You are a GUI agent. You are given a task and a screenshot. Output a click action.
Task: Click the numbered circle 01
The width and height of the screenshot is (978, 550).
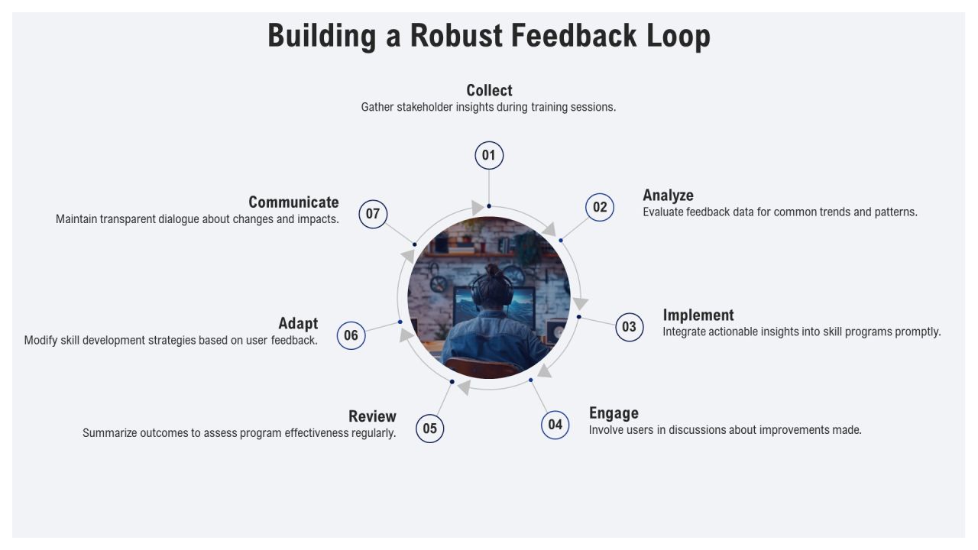489,155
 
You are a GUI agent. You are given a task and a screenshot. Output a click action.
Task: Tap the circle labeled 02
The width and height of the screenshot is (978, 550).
600,207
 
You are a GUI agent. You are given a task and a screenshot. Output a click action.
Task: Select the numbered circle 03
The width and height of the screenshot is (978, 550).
629,327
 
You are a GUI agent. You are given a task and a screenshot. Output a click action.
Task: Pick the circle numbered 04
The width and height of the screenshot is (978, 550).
555,425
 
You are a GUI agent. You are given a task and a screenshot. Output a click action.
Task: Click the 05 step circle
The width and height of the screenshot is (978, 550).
429,429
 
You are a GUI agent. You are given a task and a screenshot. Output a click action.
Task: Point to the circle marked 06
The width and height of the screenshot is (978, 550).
351,335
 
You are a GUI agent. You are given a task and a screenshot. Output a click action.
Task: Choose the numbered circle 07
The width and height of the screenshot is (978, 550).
373,214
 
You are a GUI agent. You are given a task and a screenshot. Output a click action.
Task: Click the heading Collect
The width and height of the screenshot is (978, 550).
489,90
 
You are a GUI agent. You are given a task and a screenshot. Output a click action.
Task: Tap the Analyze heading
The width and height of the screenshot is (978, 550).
668,196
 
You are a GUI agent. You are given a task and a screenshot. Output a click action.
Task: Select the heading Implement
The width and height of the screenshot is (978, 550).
698,315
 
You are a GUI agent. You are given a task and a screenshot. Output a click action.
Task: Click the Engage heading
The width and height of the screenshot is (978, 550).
614,413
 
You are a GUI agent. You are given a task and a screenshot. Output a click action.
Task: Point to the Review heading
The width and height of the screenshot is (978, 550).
372,416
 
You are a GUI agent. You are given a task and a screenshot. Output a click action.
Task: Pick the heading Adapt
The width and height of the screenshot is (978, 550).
298,324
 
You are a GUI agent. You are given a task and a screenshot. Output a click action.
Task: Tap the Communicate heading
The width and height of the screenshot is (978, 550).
294,202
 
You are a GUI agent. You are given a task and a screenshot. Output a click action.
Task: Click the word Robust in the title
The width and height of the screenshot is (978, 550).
456,36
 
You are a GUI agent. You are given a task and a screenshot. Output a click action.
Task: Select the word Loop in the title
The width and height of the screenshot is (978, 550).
678,37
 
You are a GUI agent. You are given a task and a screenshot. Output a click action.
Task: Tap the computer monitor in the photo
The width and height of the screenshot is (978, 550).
494,306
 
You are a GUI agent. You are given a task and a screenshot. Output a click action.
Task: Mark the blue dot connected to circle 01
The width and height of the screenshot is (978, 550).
489,206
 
